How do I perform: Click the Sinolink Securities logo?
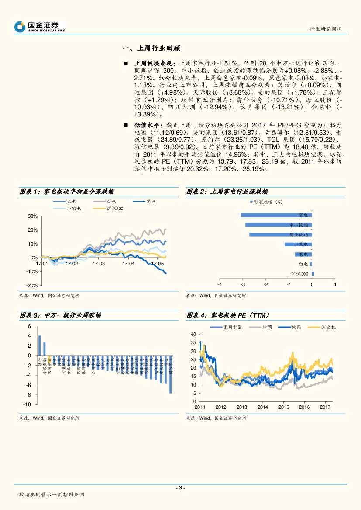tap(39, 27)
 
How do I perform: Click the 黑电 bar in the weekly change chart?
tap(275, 215)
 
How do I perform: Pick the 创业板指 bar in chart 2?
tap(280, 235)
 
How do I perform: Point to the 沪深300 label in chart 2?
tap(300, 274)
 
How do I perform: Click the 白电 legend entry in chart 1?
tap(107, 202)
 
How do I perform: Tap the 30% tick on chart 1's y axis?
tap(32, 216)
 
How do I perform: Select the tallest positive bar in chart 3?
tap(40, 345)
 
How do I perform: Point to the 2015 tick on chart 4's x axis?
tap(283, 407)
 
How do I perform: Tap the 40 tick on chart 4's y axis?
tap(194, 334)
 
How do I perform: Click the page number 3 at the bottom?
tap(180, 488)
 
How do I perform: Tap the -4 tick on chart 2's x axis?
tap(219, 284)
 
